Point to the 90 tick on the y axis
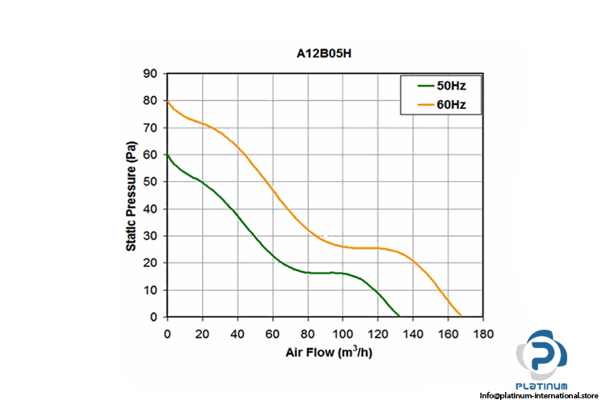tap(150, 74)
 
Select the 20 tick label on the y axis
tap(150, 263)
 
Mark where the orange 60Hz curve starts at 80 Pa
tap(167, 101)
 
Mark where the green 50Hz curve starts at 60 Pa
tap(167, 155)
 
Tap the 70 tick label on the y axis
tap(150, 128)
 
